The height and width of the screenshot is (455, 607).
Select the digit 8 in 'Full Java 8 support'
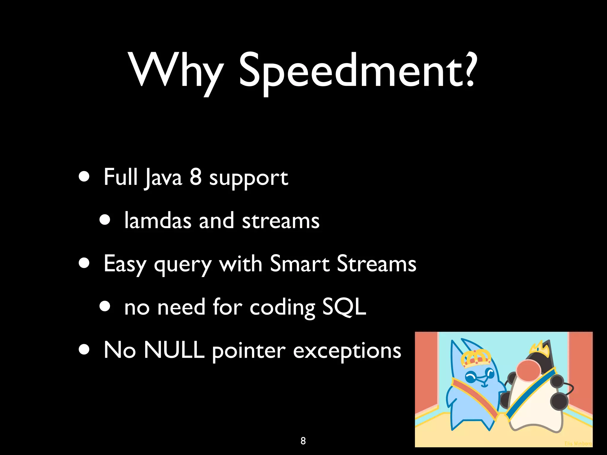[x=196, y=177]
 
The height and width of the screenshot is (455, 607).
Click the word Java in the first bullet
[x=163, y=178]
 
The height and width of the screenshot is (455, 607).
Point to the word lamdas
[x=158, y=221]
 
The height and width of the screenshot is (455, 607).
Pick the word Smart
[x=300, y=263]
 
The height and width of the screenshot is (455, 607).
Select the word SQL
[x=344, y=307]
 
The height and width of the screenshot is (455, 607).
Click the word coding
[x=282, y=308]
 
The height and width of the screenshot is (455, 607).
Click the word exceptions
[x=347, y=351]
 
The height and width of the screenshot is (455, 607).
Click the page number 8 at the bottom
[x=303, y=441]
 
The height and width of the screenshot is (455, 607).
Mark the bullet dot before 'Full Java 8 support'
[x=84, y=177]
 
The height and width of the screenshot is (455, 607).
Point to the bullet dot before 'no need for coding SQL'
[x=105, y=307]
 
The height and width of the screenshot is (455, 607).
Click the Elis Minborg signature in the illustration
[x=578, y=443]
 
